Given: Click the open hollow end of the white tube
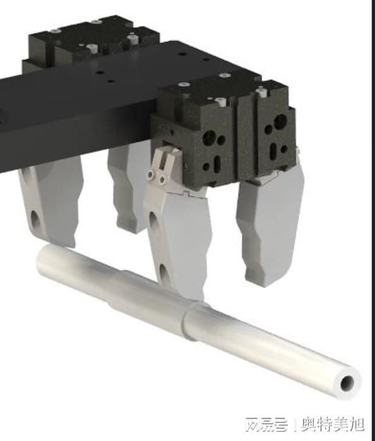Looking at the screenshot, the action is point(347,383).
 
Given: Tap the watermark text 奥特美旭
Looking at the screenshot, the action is point(333,425).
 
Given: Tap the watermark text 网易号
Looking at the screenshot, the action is point(266,425).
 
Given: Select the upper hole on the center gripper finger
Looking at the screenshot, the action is point(153,220).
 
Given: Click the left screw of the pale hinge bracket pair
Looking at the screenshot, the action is point(152,175).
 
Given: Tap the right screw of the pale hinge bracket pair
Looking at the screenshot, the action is point(162,179).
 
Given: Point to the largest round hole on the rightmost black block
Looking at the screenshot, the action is point(280,121).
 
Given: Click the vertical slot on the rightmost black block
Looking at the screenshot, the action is point(273,150).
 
